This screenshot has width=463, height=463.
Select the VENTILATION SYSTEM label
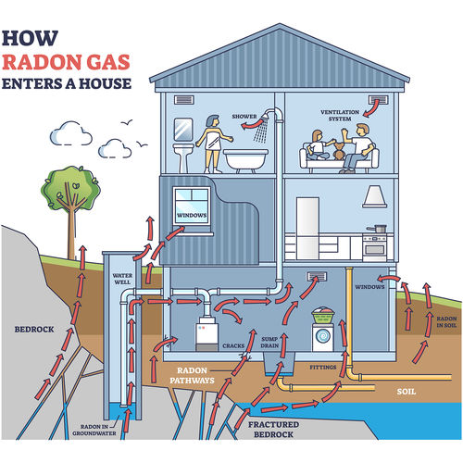[339, 116]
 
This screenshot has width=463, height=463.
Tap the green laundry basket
[324, 316]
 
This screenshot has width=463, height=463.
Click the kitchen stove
[374, 246]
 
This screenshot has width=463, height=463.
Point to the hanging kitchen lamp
[374, 196]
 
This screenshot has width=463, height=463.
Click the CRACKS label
[233, 345]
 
